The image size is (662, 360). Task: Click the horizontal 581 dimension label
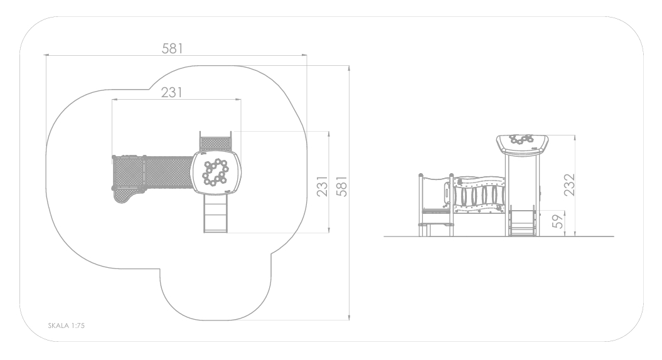pyautogui.click(x=173, y=48)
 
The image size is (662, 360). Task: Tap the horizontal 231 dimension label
pyautogui.click(x=171, y=92)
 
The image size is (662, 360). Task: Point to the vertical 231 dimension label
pyautogui.click(x=322, y=186)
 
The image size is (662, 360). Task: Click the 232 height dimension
pyautogui.click(x=569, y=184)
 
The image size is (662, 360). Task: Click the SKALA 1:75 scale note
pyautogui.click(x=67, y=326)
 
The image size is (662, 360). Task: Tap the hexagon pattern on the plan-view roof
pyautogui.click(x=215, y=172)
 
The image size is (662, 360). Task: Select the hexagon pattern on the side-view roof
pyautogui.click(x=521, y=139)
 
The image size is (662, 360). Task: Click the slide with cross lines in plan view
pyautogui.click(x=216, y=213)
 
